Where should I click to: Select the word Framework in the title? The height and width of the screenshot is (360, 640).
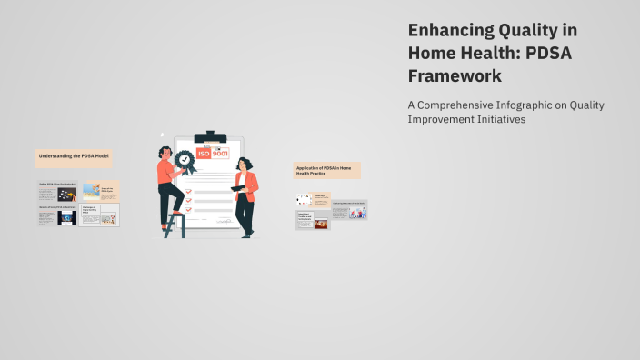[x=455, y=76]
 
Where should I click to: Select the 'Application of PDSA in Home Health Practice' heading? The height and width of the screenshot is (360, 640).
[x=326, y=170]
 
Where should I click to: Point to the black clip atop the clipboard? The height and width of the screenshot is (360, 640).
[x=211, y=136]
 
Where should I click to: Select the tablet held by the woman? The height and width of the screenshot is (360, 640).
[x=238, y=188]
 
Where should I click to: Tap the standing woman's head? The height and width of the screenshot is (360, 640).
[x=243, y=164]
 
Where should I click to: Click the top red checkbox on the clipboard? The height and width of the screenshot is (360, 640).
[x=189, y=181]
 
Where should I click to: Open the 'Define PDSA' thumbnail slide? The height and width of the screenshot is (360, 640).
[x=57, y=192]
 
